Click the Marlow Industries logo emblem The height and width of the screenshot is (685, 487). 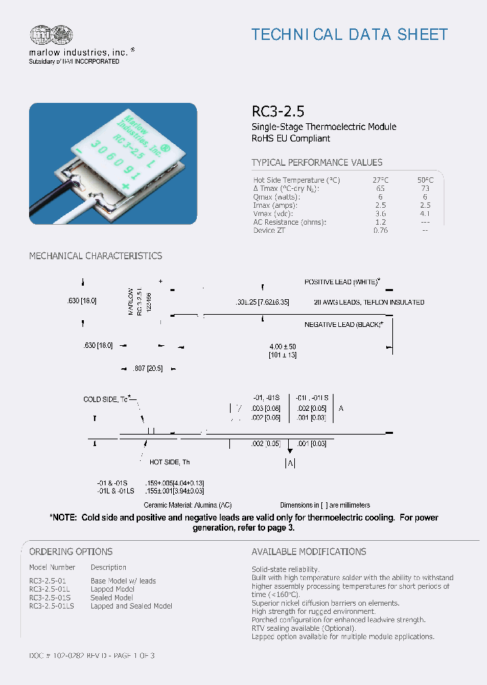coord(51,36)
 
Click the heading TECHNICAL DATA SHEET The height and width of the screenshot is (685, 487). coord(349,35)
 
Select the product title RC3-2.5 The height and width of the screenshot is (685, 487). coord(273,112)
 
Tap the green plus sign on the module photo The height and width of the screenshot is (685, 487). coord(124,185)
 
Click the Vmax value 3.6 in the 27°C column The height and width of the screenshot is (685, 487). coord(380,213)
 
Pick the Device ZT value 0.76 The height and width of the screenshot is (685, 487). coord(380,230)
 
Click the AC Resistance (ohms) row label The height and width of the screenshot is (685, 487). coord(289,222)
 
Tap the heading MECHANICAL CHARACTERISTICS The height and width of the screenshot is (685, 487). coord(95,256)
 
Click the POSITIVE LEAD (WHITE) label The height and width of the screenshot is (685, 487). coord(342,282)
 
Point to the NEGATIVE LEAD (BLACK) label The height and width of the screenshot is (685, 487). coord(344,325)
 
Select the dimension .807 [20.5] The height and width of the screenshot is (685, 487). coord(147,369)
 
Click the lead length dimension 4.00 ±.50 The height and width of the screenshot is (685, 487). coord(283,347)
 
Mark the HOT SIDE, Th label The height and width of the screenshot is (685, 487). coord(169,462)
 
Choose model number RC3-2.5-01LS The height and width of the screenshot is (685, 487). coord(51,606)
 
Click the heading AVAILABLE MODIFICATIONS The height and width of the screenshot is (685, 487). coord(308,552)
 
